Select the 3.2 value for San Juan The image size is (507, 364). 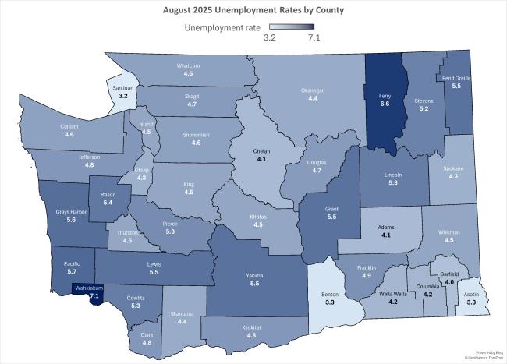[x=123, y=95]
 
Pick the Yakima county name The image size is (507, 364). [x=254, y=276]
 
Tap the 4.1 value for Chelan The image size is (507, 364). [x=261, y=159]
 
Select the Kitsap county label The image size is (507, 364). [x=141, y=169]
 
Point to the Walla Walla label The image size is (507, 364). [x=406, y=295]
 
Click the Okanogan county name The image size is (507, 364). [x=312, y=90]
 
